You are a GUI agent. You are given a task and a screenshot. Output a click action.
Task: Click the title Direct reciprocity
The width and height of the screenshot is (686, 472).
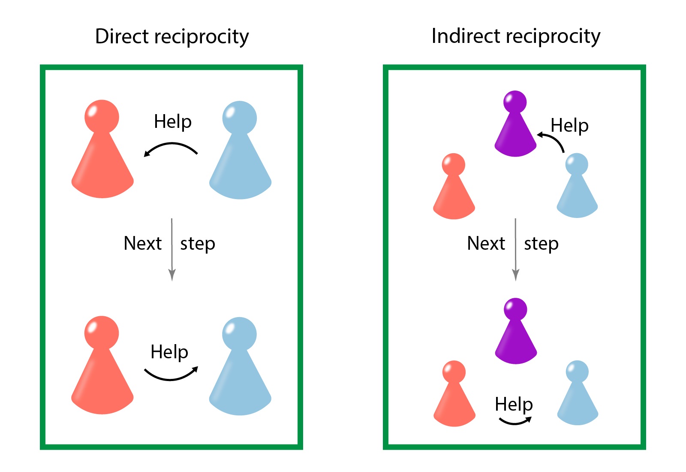click(172, 36)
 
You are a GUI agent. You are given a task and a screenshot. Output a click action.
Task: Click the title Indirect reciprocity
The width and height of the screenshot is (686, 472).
click(516, 36)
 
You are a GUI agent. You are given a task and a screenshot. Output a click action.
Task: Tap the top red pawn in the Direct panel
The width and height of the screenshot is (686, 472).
click(102, 154)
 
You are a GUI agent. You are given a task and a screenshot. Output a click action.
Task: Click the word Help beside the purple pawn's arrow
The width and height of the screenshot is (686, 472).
click(569, 126)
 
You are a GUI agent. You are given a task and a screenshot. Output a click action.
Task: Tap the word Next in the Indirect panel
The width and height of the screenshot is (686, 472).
click(486, 243)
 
